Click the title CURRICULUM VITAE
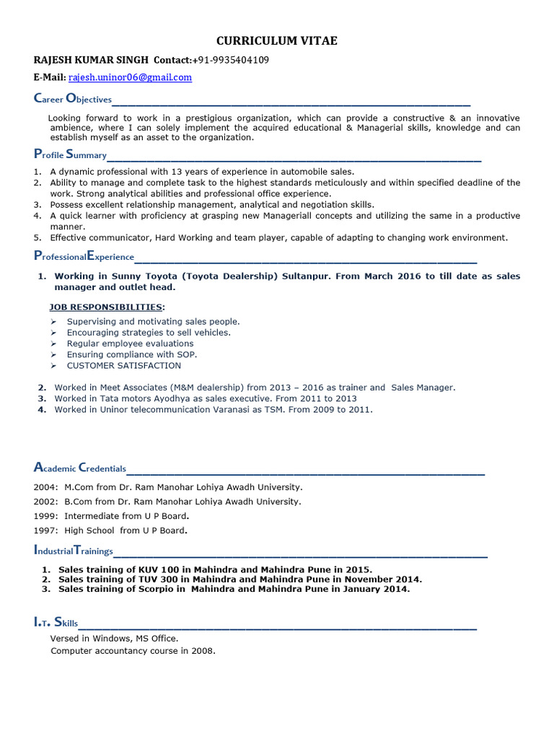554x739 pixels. (x=276, y=41)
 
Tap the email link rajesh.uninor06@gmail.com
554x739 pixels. (x=130, y=77)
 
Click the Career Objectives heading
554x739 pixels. (x=73, y=99)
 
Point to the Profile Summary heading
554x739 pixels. (x=70, y=154)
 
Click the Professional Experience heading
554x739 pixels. (x=84, y=256)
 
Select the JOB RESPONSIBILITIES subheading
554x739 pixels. (x=106, y=307)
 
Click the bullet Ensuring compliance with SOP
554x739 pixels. (x=131, y=354)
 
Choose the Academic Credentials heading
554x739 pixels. (x=80, y=468)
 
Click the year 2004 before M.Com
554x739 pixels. (x=44, y=487)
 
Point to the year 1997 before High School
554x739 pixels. (x=44, y=530)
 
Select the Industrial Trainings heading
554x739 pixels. (x=74, y=551)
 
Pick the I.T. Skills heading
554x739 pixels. (x=56, y=623)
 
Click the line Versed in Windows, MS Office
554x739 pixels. (x=114, y=639)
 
